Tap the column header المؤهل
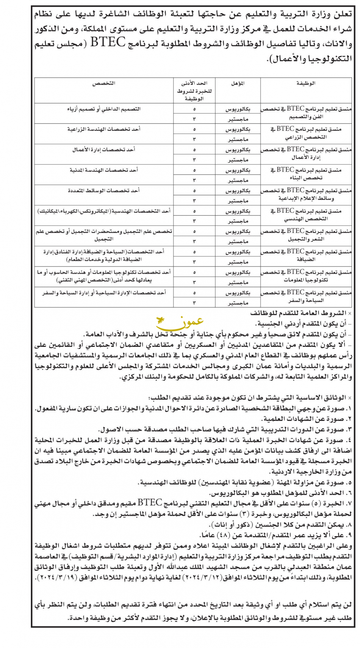(238, 84)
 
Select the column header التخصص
(104, 84)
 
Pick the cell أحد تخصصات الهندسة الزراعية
(104, 129)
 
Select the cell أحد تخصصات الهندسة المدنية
(104, 170)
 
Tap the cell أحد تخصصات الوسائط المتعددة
(104, 191)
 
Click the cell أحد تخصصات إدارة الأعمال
(104, 150)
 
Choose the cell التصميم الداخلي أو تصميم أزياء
(104, 109)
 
